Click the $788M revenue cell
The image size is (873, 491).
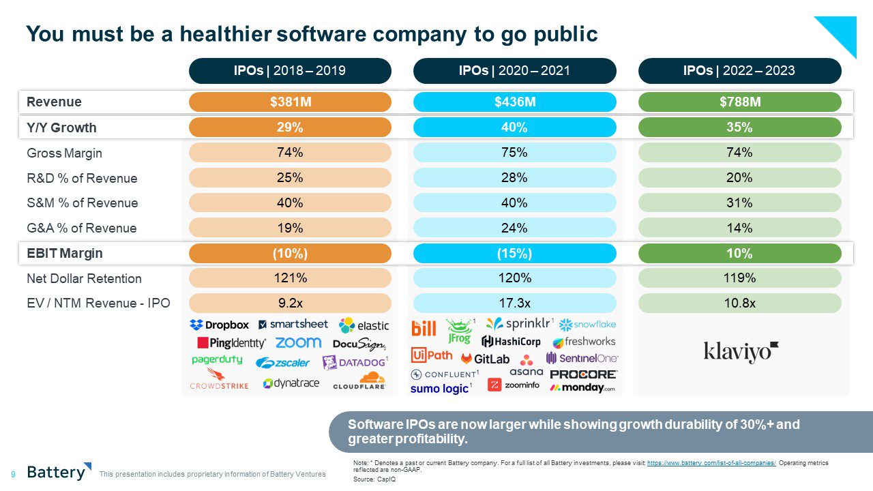(x=739, y=102)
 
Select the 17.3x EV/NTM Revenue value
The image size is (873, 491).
(x=514, y=303)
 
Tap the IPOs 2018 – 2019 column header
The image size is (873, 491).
(x=290, y=71)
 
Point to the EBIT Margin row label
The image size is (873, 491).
(x=65, y=254)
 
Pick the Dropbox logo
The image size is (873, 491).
(x=220, y=325)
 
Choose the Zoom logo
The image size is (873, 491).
(x=298, y=342)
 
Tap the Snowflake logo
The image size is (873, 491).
(x=587, y=325)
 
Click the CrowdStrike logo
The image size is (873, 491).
(x=219, y=379)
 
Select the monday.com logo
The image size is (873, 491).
(x=583, y=387)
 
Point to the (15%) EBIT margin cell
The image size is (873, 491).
(x=514, y=254)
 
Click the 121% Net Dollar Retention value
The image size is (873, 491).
(x=290, y=278)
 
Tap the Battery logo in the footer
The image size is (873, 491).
(x=59, y=471)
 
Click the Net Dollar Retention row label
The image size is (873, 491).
(x=85, y=279)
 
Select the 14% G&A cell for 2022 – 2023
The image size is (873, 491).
(x=739, y=228)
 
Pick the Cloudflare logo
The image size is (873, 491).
(x=359, y=381)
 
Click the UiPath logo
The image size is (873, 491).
(x=432, y=355)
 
